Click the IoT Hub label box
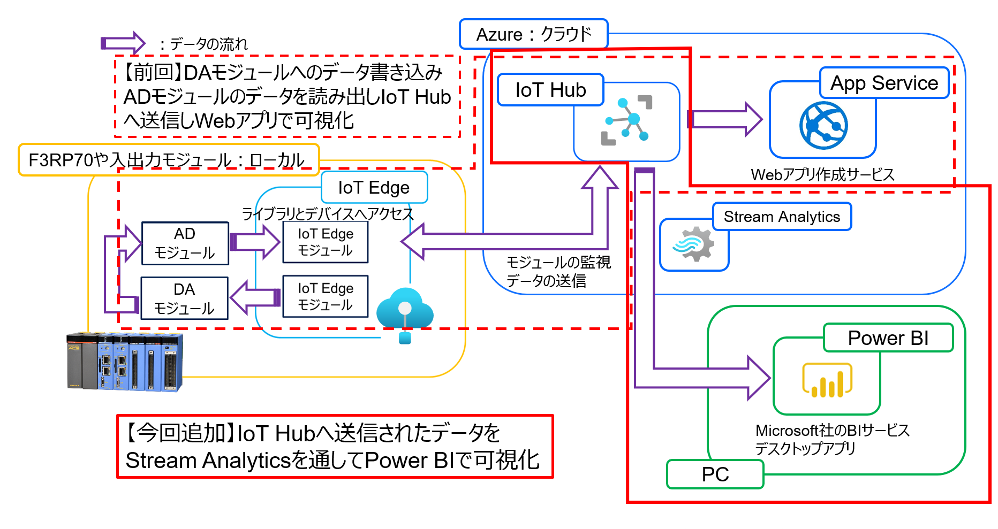[550, 90]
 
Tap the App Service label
[884, 83]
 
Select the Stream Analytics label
[782, 217]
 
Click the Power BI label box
[888, 338]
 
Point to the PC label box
[715, 474]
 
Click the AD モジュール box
[185, 243]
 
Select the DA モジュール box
[184, 298]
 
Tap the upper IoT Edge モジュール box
[325, 242]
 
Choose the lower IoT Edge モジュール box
[325, 296]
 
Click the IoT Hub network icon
[627, 120]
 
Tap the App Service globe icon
[823, 126]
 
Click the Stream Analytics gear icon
[694, 244]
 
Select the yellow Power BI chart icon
[827, 380]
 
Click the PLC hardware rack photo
[124, 362]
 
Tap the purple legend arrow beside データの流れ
[123, 43]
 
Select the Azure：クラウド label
[534, 34]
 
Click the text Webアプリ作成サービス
[822, 174]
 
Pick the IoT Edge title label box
[374, 188]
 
